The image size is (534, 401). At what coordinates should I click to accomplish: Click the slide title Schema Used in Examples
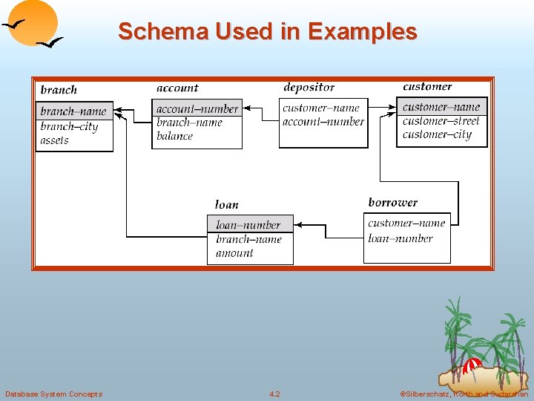coord(267,31)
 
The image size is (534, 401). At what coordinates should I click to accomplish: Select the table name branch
coord(59,90)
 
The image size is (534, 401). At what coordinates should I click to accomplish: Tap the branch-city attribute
coord(69,126)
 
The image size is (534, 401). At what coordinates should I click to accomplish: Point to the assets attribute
coord(54,140)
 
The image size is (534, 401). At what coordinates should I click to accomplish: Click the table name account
coord(177,88)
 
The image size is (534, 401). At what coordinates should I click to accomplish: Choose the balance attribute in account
coord(174,136)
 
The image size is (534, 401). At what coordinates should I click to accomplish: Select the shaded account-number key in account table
coord(197,109)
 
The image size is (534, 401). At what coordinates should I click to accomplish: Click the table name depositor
coord(309,88)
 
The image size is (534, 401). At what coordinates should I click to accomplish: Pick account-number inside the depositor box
coord(323,122)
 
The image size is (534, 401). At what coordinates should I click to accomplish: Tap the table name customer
coord(427,87)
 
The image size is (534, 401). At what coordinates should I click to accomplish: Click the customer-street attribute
coord(441,120)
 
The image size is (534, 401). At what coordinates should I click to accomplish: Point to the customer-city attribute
coord(437,134)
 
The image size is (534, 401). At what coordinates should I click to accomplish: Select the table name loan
coord(226,204)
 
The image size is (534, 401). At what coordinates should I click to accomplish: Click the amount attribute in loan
coord(234,253)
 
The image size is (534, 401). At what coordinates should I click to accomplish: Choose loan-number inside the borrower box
coord(400,238)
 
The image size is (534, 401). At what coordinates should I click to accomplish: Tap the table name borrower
coord(392,202)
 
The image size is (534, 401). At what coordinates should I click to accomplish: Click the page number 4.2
coord(274,394)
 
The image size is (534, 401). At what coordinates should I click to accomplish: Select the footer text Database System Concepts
coord(53,394)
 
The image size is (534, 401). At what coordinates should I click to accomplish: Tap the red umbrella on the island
coord(471,365)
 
